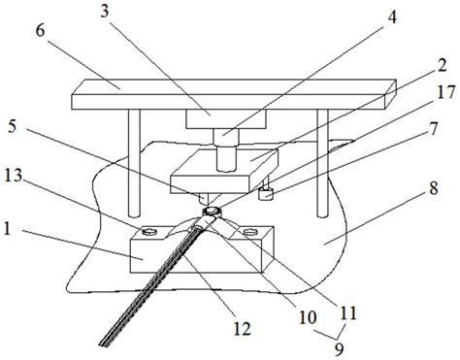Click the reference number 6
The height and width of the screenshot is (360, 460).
point(41,32)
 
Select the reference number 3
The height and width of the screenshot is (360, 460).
point(105,12)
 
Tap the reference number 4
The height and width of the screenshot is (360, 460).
point(392,17)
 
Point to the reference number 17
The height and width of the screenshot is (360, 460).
point(446,92)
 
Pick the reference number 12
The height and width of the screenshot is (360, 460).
point(242,329)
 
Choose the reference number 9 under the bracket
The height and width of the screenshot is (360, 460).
point(339,348)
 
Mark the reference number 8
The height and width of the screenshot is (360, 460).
point(434,188)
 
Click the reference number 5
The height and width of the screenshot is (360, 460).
point(12,127)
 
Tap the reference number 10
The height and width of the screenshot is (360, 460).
point(308,317)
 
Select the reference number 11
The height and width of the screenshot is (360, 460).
point(347,312)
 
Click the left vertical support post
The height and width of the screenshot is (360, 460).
point(134,163)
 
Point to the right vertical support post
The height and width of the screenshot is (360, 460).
point(323,163)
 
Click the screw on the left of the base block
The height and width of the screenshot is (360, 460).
point(149,232)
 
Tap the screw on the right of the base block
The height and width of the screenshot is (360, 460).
point(249,232)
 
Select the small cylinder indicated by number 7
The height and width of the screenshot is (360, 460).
point(266,194)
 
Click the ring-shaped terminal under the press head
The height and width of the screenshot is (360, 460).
point(212,212)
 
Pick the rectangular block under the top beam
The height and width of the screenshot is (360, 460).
point(226,119)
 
